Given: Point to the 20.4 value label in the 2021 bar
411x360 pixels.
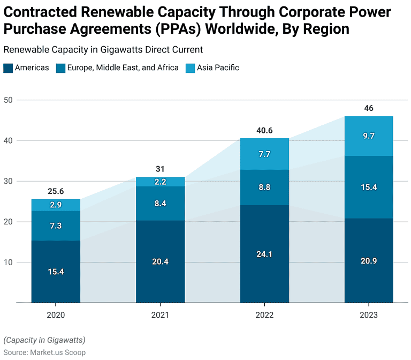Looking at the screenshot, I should pyautogui.click(x=160, y=262).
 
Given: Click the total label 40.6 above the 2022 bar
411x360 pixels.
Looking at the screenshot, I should pyautogui.click(x=264, y=130).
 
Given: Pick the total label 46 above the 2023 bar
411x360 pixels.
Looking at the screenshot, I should pyautogui.click(x=368, y=108).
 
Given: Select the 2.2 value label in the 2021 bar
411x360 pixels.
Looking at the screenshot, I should pyautogui.click(x=160, y=182).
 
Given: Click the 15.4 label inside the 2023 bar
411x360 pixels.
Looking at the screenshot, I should pyautogui.click(x=368, y=187).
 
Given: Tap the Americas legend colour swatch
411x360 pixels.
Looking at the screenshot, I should pyautogui.click(x=8, y=68).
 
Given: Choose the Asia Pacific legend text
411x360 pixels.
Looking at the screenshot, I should pyautogui.click(x=218, y=68).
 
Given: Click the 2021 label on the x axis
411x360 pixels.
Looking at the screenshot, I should pyautogui.click(x=160, y=315).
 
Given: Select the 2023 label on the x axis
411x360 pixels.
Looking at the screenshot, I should pyautogui.click(x=368, y=315).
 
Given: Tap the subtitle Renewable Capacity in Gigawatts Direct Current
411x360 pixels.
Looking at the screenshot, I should pyautogui.click(x=103, y=50).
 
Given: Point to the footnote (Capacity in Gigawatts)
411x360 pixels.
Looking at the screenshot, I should pyautogui.click(x=44, y=340).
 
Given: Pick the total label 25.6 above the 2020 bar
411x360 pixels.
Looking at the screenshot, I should pyautogui.click(x=56, y=191).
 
